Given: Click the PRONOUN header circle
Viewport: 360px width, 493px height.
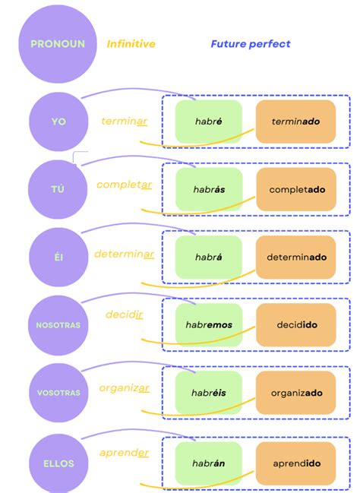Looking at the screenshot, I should (58, 44).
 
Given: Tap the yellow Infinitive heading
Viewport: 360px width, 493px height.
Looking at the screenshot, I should (131, 44).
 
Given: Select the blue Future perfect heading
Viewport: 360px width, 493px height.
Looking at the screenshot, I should (251, 44).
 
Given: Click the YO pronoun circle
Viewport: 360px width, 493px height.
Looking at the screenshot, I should (58, 122).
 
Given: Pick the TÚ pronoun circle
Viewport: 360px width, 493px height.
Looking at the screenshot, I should (58, 189).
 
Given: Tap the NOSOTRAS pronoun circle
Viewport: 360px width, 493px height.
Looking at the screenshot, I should (58, 325).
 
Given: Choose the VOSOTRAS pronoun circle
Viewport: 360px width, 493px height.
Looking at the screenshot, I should (58, 393).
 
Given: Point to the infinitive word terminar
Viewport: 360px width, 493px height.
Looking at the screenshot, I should (125, 122).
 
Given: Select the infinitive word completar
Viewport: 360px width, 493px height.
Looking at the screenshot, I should (125, 185).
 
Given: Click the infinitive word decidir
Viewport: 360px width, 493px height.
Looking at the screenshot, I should (125, 314).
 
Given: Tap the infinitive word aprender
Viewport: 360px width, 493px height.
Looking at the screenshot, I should (124, 453).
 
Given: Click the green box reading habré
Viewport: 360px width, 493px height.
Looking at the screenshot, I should (208, 122).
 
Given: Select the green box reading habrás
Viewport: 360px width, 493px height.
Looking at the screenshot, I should (208, 189).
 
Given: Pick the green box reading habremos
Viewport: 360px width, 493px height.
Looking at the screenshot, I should (208, 325).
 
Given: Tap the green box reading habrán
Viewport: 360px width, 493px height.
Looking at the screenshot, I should (208, 463).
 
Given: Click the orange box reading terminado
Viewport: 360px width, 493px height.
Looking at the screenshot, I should (295, 122).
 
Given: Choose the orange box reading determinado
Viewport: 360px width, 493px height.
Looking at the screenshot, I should (295, 258).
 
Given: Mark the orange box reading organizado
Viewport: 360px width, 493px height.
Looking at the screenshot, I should (295, 393).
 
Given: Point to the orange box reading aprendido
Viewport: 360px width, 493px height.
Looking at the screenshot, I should (295, 463).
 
